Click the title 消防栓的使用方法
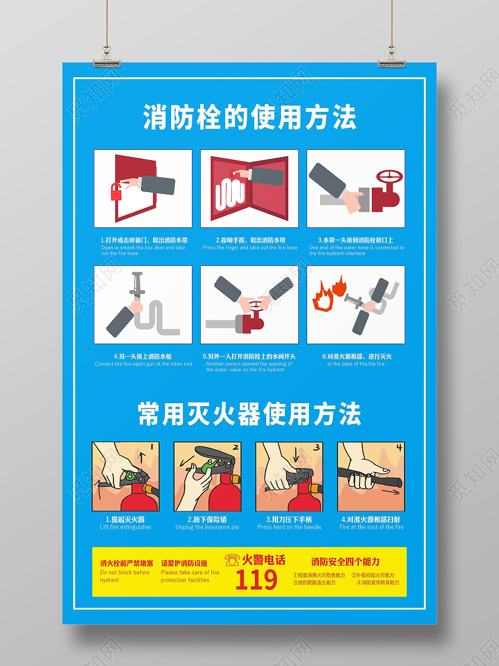coord(249,117)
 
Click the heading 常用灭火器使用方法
coord(249,413)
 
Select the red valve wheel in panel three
coord(389,177)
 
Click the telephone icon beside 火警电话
coord(232,560)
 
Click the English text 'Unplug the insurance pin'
coord(207,527)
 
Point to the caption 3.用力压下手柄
coord(289,519)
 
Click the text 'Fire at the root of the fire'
coord(371,527)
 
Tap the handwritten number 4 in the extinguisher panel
coord(399,447)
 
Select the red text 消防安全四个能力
coord(345,561)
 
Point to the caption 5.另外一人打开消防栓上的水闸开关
coord(249,356)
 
